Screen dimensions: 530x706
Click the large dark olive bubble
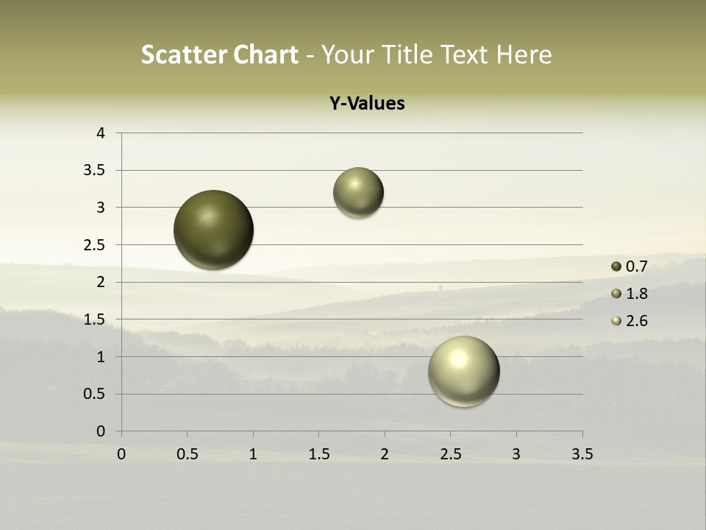pyautogui.click(x=214, y=230)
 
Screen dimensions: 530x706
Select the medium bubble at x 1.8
pyautogui.click(x=358, y=193)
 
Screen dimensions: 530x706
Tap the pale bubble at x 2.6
pyautogui.click(x=464, y=371)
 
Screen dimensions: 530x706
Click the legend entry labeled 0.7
pyautogui.click(x=630, y=266)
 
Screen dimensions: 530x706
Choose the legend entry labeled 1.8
pyautogui.click(x=630, y=294)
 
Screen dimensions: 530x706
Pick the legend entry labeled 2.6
pyautogui.click(x=630, y=321)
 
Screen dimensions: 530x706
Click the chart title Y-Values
pyautogui.click(x=366, y=104)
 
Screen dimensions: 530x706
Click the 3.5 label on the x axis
pyautogui.click(x=582, y=454)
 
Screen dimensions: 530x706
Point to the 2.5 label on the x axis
pyautogui.click(x=450, y=454)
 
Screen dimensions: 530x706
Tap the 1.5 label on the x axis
pyautogui.click(x=318, y=454)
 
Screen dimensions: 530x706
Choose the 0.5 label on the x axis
pyautogui.click(x=187, y=454)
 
